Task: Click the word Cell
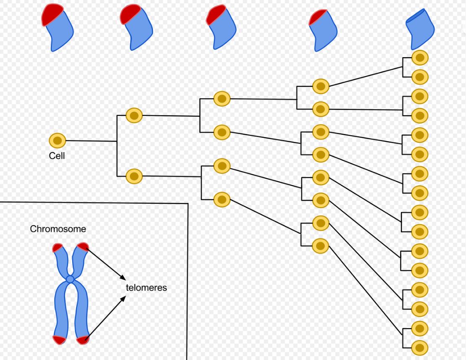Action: [x=57, y=156]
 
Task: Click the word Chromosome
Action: [x=58, y=229]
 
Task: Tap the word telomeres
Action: [x=146, y=287]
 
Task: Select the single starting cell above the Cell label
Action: [x=58, y=140]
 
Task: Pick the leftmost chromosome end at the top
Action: [x=58, y=28]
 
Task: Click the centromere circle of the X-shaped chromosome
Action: [x=70, y=279]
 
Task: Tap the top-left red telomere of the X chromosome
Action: [x=58, y=247]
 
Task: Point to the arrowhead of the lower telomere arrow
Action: [x=123, y=299]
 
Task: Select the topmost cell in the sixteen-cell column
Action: [x=420, y=58]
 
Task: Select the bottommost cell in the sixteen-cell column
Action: [x=420, y=348]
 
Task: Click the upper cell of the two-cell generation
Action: [x=134, y=115]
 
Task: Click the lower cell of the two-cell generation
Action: [x=134, y=176]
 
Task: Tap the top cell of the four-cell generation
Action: [x=222, y=99]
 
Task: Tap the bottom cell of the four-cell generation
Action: [x=222, y=199]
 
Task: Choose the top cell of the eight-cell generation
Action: [x=321, y=87]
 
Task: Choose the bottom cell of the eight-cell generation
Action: [x=321, y=246]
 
